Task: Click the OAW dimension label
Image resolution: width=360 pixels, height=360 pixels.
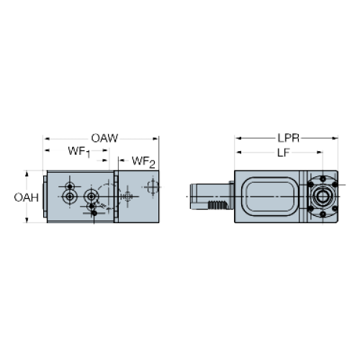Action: [104, 138]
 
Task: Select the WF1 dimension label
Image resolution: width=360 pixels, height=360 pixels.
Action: [79, 152]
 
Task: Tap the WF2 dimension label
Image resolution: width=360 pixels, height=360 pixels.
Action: [143, 162]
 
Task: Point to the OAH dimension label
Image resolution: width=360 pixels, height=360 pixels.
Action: [27, 197]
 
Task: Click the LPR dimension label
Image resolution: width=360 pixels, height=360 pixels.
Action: [289, 138]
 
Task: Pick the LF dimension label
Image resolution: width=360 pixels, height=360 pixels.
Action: [284, 153]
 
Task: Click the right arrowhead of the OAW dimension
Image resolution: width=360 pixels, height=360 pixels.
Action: [156, 138]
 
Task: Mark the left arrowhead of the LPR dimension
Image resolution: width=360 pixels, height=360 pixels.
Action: [238, 138]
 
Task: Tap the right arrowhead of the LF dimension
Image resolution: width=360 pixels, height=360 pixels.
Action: [320, 153]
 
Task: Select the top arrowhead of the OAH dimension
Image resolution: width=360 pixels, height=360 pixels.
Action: [27, 174]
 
